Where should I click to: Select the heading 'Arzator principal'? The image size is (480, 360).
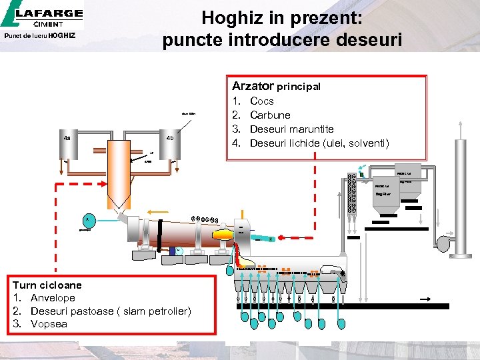[276, 86]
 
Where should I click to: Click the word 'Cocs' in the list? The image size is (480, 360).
[261, 101]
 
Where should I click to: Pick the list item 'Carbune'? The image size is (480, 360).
[270, 115]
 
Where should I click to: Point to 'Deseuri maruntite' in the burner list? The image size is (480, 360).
[291, 129]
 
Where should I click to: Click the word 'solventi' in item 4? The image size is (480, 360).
[367, 143]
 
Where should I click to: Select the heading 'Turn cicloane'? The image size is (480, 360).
[47, 285]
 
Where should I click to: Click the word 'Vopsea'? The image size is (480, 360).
[49, 324]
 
